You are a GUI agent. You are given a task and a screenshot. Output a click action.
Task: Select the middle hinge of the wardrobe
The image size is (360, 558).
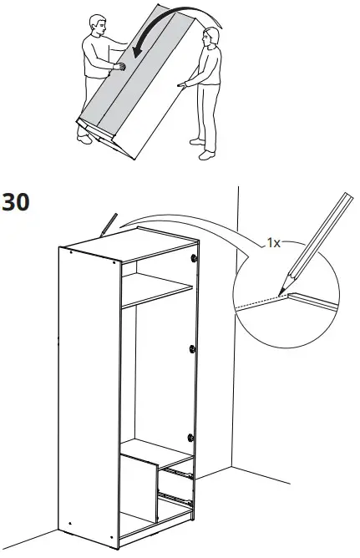pos(195,348)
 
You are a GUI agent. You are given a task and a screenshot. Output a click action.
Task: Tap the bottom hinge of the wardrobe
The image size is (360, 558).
pos(195,437)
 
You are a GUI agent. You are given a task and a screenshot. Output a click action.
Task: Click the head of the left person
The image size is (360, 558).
pos(99,25)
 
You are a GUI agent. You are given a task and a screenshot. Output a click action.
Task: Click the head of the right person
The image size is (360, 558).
pos(211,38)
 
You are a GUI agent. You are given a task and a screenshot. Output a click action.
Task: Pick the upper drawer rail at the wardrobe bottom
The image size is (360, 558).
pos(177,473)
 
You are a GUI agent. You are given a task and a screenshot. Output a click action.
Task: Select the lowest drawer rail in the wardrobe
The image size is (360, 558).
pos(177,499)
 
